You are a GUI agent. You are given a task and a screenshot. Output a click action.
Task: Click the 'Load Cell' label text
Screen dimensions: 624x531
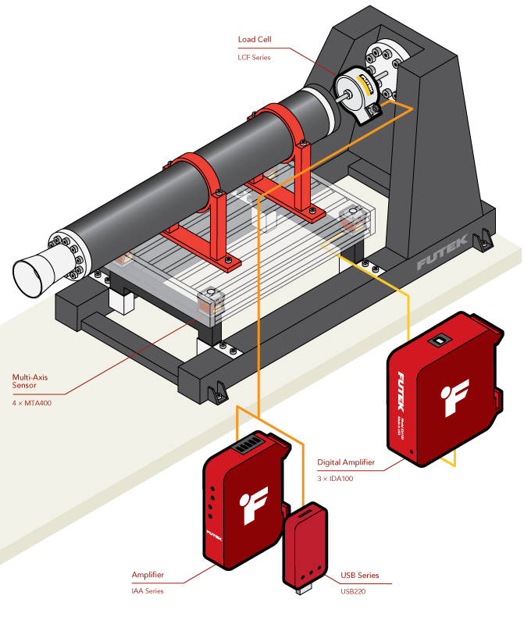pyautogui.click(x=255, y=39)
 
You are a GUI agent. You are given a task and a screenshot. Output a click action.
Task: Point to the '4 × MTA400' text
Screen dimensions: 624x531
pyautogui.click(x=32, y=403)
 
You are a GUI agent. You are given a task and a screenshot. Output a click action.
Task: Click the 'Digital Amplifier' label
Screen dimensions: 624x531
pyautogui.click(x=346, y=462)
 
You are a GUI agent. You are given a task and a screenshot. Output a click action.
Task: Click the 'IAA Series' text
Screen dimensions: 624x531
pyautogui.click(x=148, y=591)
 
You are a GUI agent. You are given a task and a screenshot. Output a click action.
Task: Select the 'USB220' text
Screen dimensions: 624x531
pyautogui.click(x=354, y=591)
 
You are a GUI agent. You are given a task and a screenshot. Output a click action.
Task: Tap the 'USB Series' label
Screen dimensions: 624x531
pyautogui.click(x=359, y=576)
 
